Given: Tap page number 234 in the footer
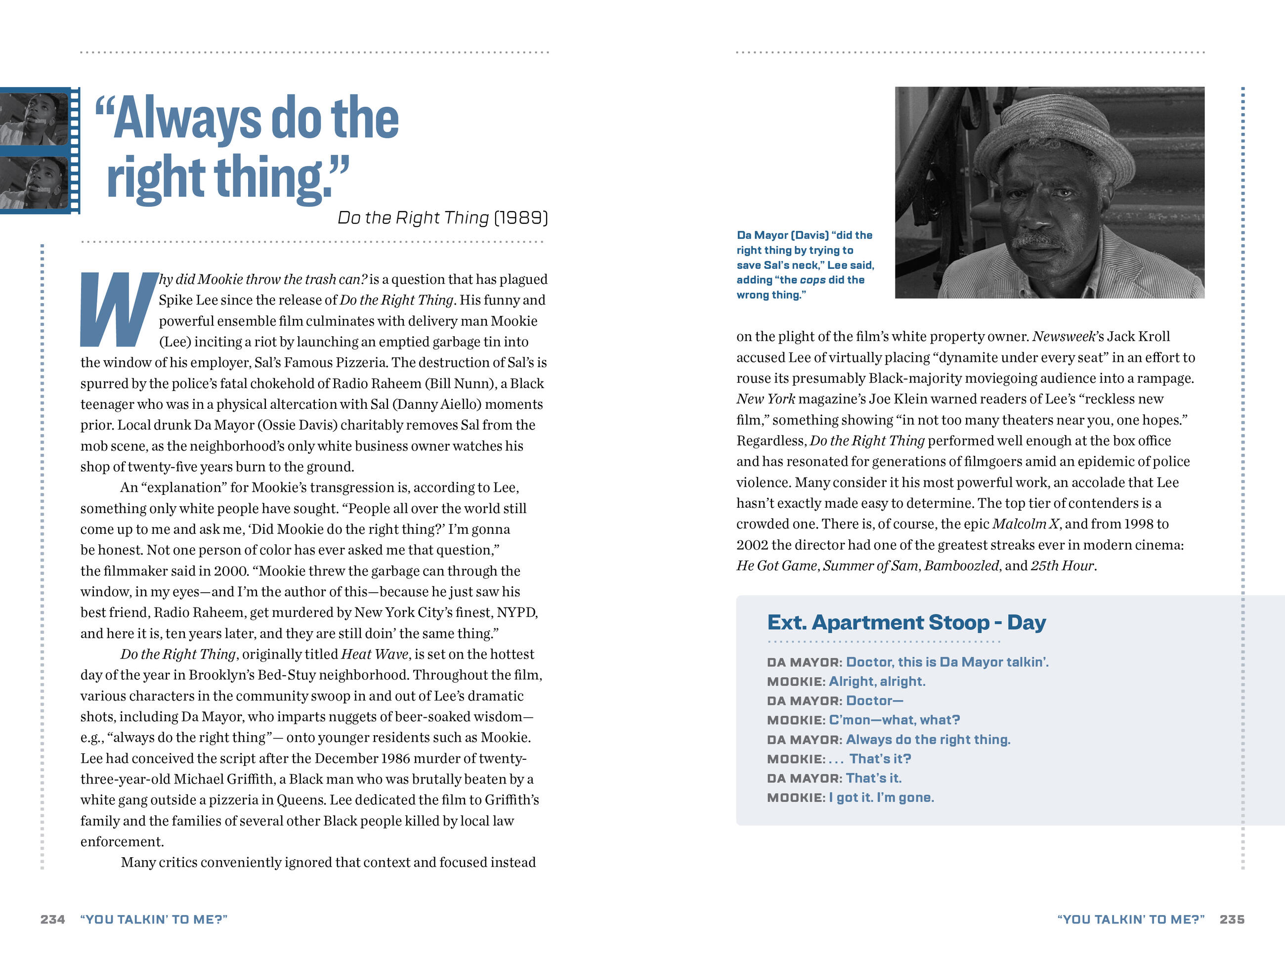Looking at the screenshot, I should [52, 919].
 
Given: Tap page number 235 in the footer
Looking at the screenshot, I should [1232, 919].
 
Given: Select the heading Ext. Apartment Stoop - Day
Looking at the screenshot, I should [906, 622].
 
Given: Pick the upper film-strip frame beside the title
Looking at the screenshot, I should [35, 119].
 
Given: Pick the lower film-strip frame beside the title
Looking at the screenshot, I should [35, 182].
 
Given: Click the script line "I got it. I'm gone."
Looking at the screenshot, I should [881, 797].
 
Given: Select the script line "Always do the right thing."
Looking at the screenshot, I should [928, 739].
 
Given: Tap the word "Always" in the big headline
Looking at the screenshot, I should [187, 119].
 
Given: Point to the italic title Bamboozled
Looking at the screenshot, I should [961, 566].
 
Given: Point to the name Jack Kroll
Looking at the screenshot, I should [1139, 337].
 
